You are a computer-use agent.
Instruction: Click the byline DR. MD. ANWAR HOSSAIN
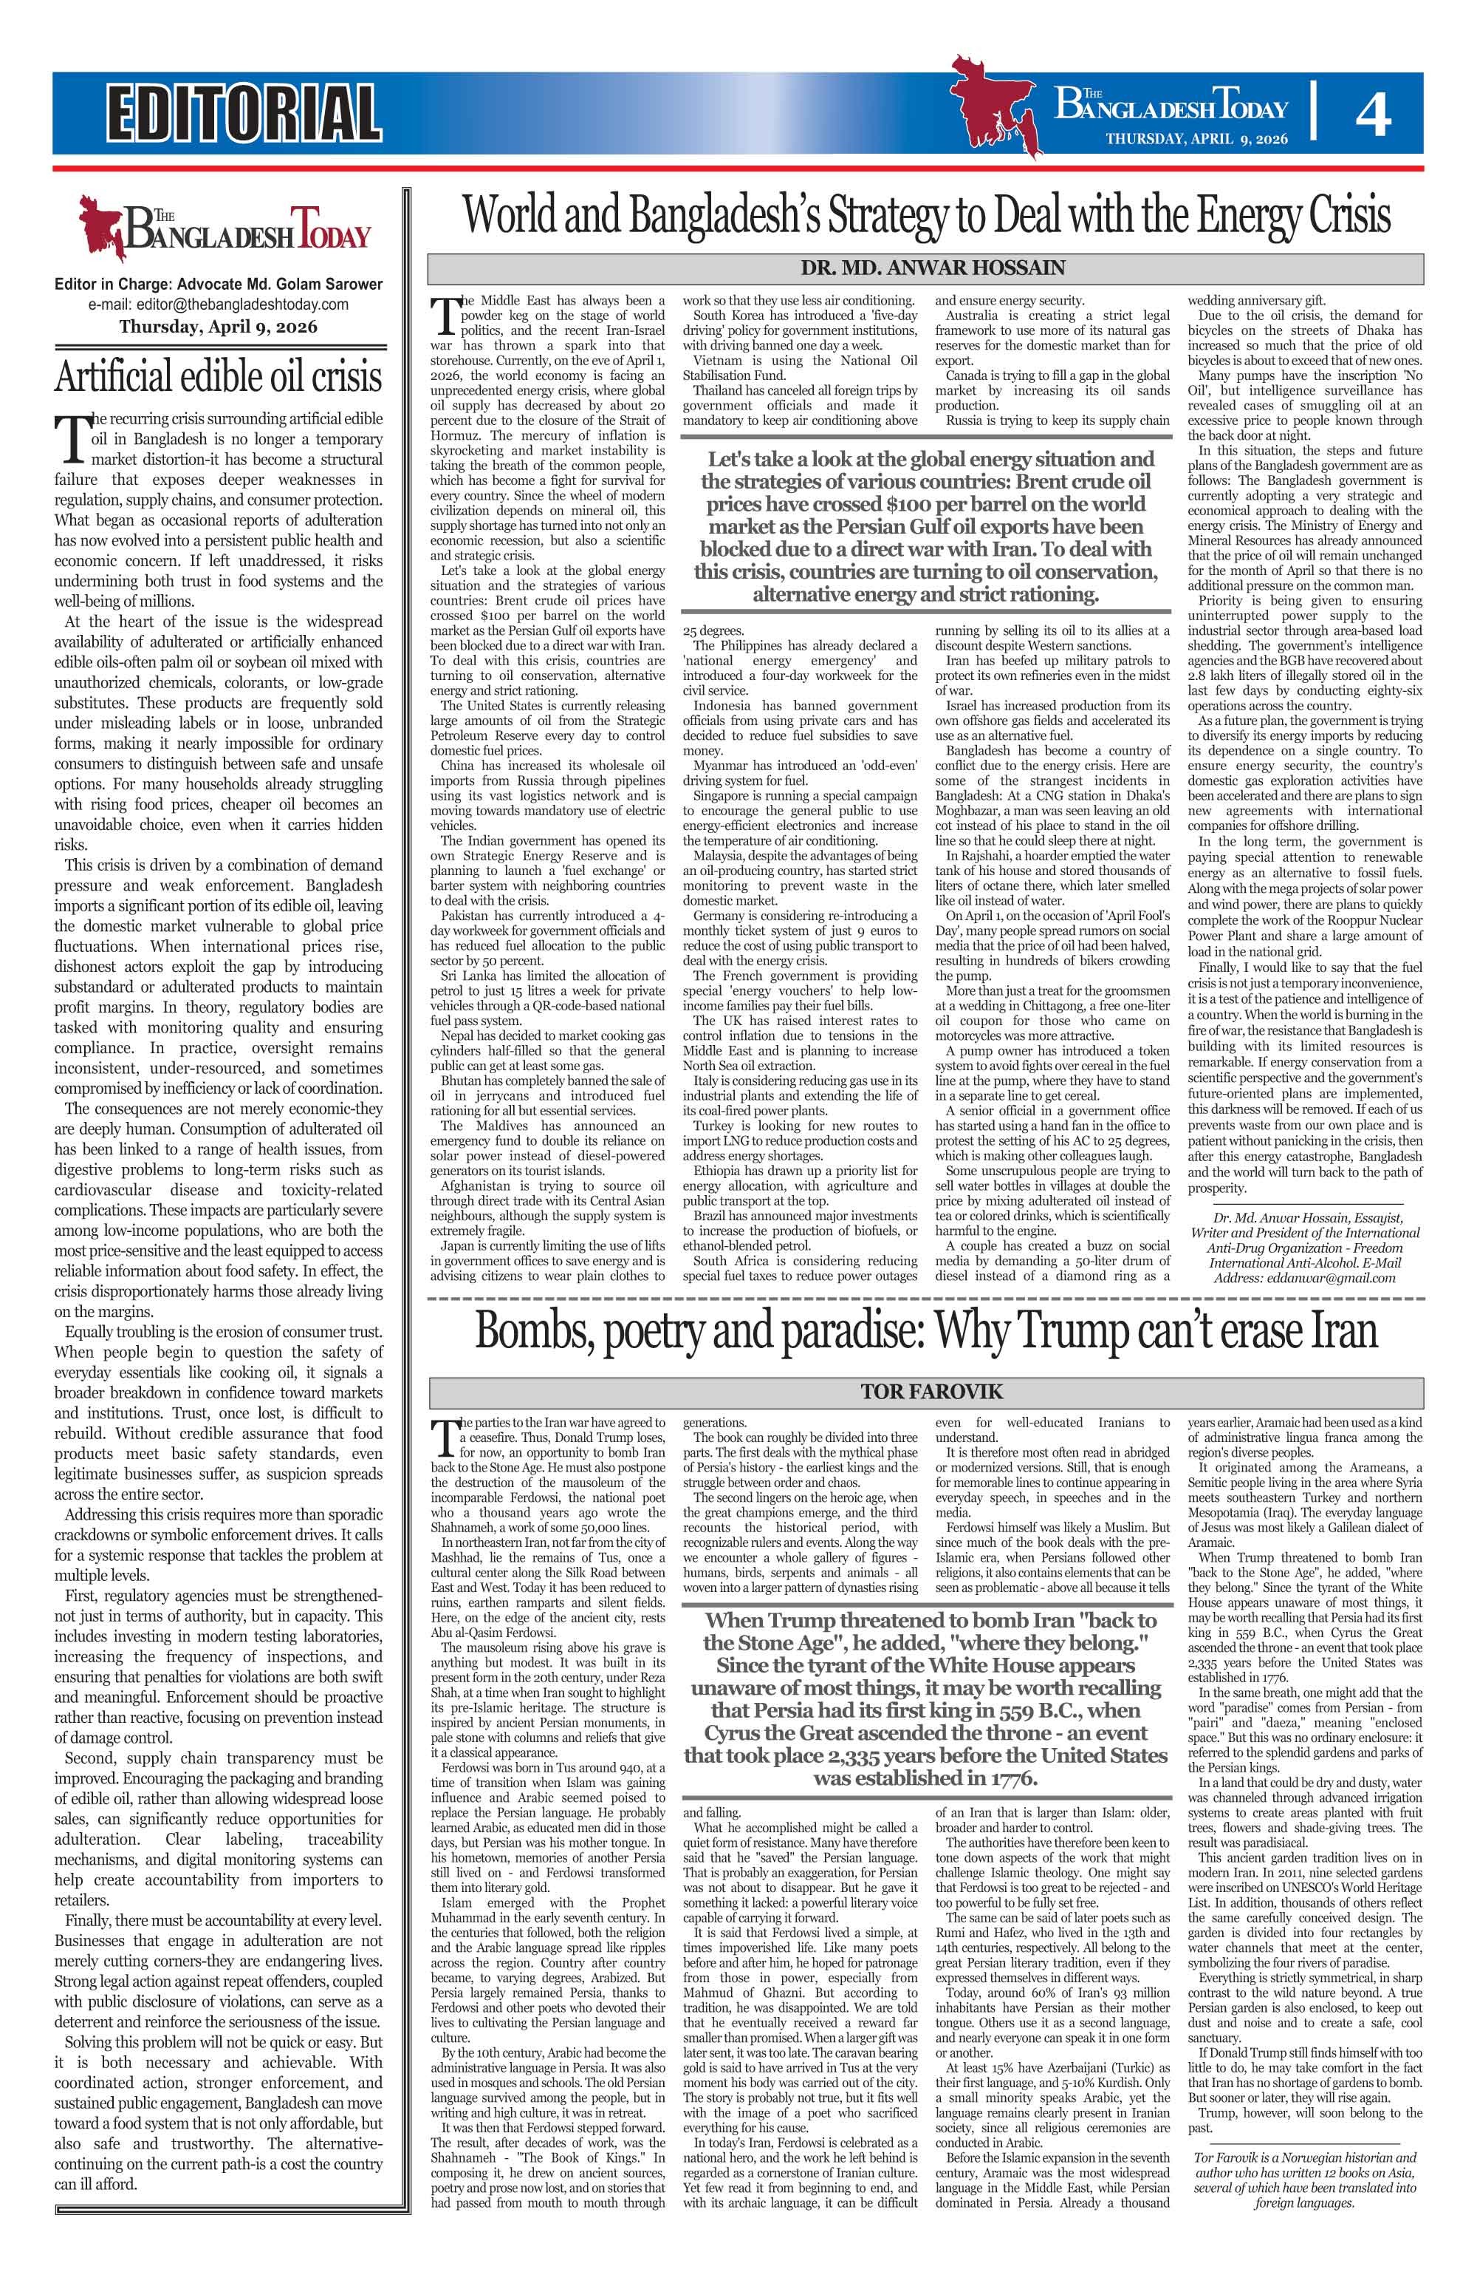coord(925,267)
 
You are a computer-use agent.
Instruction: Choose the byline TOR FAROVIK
coord(926,1392)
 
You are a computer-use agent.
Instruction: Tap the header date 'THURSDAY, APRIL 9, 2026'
coord(1196,139)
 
